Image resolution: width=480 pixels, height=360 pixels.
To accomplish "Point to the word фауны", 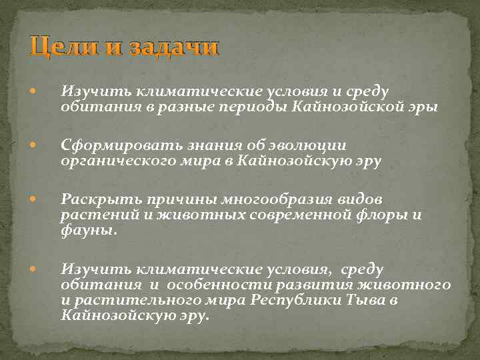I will [x=88, y=231].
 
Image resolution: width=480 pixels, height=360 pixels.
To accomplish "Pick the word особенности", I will [x=197, y=285].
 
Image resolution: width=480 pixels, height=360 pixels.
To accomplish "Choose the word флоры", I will [x=397, y=215].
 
